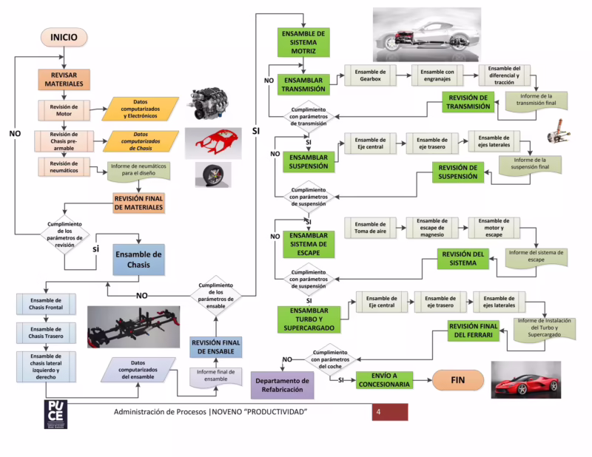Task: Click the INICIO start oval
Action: coord(64,37)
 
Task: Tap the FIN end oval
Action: coord(458,380)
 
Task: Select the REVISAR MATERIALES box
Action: coord(64,79)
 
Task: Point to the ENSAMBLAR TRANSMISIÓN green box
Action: coord(304,83)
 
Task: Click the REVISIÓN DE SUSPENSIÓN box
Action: coord(458,172)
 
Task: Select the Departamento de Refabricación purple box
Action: coord(282,385)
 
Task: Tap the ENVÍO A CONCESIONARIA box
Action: coord(384,380)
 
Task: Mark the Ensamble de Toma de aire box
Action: coord(370,228)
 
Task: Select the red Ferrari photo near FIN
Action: coord(526,379)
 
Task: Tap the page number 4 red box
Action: coord(389,412)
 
